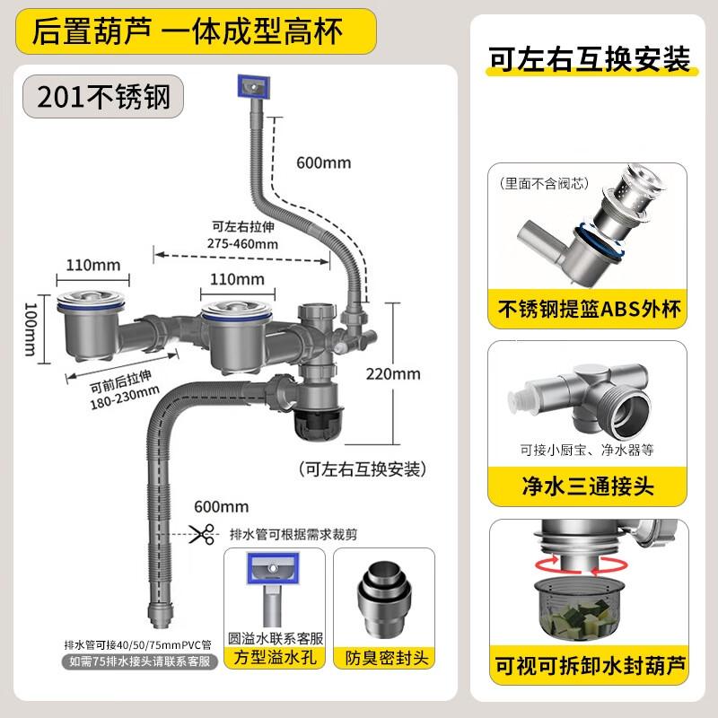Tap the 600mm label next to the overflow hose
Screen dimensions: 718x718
(324, 163)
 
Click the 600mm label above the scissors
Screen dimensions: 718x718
(221, 508)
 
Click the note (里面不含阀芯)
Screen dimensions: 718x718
(544, 185)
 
